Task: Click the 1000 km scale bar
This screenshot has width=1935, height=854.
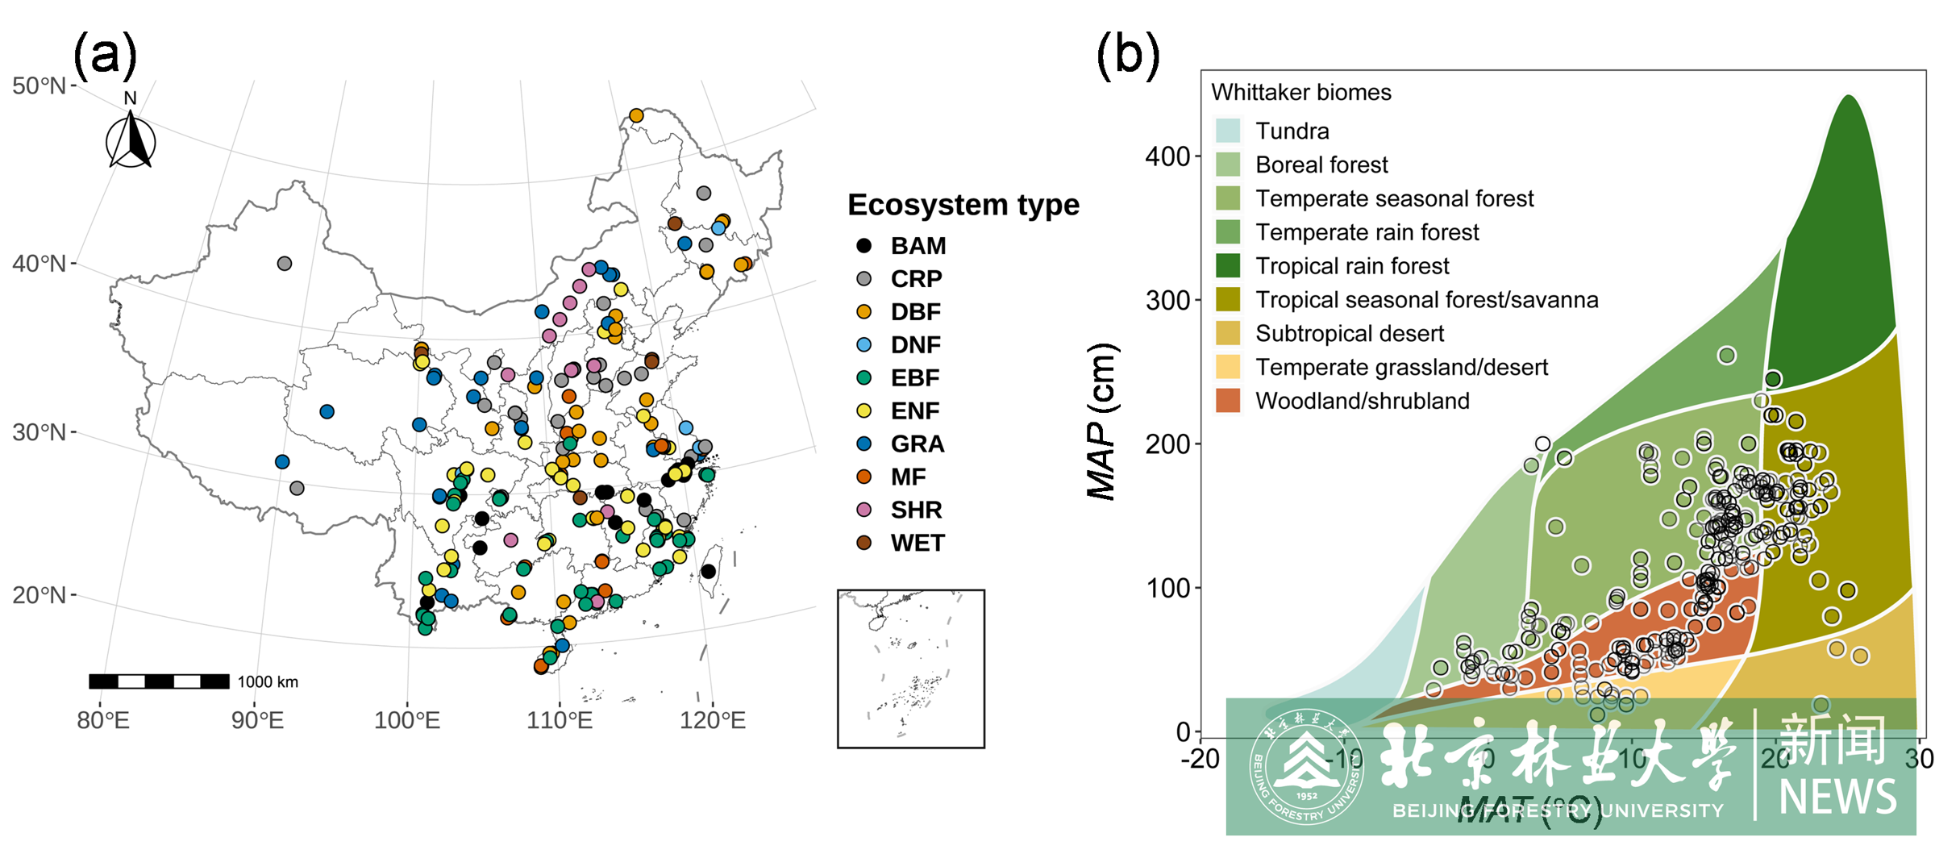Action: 159,681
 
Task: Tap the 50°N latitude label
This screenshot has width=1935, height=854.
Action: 40,85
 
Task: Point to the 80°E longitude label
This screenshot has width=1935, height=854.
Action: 102,719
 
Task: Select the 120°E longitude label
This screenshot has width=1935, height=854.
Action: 713,719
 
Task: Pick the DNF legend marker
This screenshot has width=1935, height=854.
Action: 863,344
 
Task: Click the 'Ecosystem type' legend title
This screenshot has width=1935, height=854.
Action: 963,205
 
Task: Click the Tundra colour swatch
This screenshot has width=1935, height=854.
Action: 1227,131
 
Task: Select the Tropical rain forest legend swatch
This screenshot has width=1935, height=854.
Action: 1227,265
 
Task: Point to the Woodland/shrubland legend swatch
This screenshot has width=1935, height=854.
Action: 1227,401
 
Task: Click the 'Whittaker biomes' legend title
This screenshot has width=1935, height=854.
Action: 1300,92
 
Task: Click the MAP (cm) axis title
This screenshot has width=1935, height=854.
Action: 1101,421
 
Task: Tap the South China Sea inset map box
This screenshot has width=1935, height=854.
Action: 910,669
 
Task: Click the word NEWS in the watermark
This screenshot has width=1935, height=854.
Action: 1837,797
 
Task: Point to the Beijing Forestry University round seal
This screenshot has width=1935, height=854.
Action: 1306,766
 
